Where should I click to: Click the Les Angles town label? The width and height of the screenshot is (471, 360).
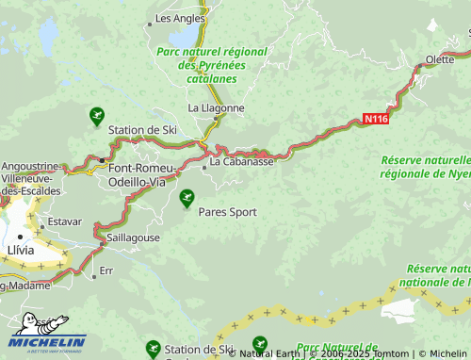tap(179, 18)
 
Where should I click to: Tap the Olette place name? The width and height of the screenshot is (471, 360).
tap(438, 59)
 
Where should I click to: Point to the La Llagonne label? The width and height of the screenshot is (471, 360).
tap(216, 108)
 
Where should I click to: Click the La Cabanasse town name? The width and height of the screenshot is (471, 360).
tap(241, 161)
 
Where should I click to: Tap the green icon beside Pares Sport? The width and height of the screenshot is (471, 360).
tap(187, 199)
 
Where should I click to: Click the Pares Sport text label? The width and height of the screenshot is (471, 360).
tap(227, 212)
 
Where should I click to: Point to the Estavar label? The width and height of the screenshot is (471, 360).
tap(65, 223)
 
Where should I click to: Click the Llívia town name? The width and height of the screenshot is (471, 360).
tap(20, 250)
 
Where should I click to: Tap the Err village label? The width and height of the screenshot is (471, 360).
tap(106, 270)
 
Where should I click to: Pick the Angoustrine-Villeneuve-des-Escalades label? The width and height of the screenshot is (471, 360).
tap(31, 177)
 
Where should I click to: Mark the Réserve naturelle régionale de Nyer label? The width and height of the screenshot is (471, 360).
tap(425, 168)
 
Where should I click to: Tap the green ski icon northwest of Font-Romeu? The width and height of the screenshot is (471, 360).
tap(96, 116)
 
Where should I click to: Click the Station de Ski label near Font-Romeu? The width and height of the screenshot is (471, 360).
tap(143, 129)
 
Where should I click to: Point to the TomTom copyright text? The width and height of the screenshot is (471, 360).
tap(364, 353)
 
